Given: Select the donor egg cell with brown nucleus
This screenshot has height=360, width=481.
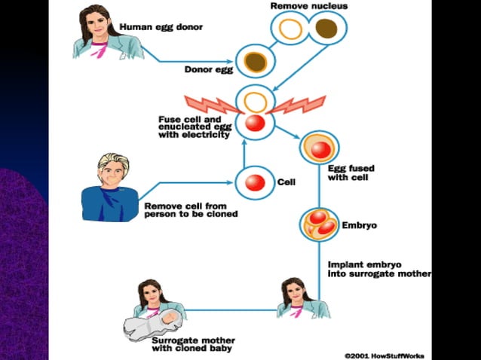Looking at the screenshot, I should (255, 62).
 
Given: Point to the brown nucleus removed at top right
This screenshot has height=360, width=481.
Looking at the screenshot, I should (326, 29).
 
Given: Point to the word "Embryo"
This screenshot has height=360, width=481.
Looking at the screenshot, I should (360, 225).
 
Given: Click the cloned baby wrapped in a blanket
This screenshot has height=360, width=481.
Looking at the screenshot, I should (152, 327).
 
